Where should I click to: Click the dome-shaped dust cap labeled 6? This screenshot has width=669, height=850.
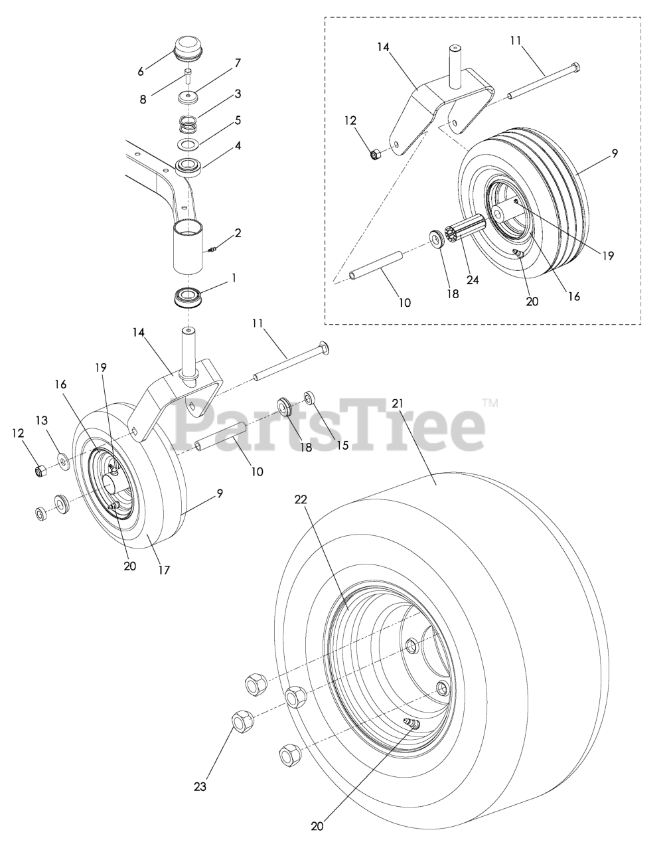pos(188,48)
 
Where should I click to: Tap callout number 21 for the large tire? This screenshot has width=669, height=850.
pos(398,403)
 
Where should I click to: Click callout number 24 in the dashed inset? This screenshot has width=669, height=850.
pos(473,280)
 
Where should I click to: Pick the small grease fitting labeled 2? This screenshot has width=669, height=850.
pos(213,249)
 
